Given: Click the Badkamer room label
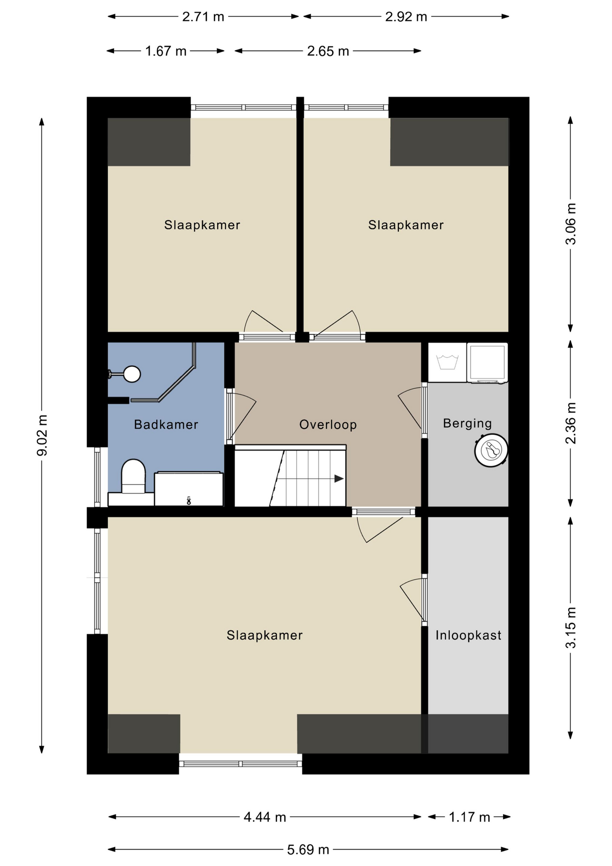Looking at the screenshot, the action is [x=166, y=424].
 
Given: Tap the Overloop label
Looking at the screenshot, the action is [x=328, y=424].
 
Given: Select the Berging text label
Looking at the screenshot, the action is [x=467, y=424].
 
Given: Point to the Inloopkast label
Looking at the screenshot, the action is [x=468, y=635].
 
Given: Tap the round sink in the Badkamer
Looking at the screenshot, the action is [x=132, y=374].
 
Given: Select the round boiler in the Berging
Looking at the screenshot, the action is [x=491, y=450].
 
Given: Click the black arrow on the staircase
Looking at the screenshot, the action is [x=339, y=479].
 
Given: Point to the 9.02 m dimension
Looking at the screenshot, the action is [x=42, y=435].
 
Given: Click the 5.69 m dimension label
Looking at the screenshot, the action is [x=308, y=850].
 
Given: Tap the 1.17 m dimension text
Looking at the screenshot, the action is [x=469, y=817].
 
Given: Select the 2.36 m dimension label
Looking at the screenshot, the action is [x=571, y=423].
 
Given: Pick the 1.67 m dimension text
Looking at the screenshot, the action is [x=166, y=51].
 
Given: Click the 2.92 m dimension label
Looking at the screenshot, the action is [x=406, y=17].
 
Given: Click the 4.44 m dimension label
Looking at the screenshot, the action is [x=265, y=817].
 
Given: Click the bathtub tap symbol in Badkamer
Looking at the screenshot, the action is [x=189, y=500].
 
